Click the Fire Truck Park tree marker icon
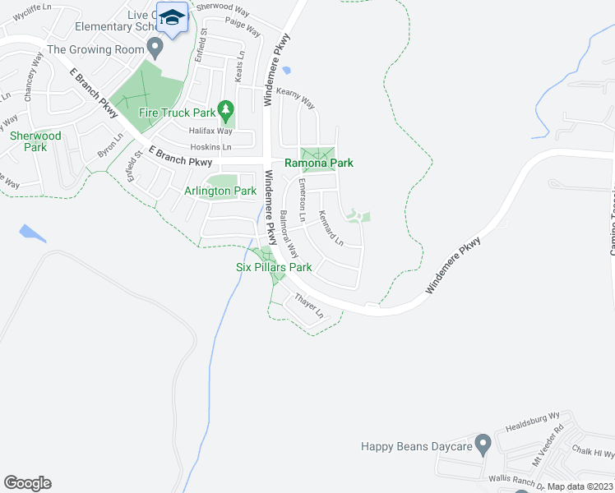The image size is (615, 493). coord(226,108)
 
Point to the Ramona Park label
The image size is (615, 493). coord(319,164)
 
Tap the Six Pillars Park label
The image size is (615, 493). coord(274,267)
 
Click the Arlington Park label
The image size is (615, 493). coord(220,191)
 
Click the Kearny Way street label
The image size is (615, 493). coord(297,99)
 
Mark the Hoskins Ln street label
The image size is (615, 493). coord(210,146)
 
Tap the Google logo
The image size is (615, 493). coord(27,483)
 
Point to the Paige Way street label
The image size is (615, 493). coord(243,27)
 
